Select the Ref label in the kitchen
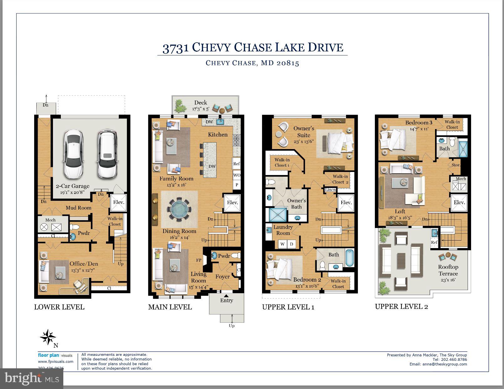[237, 164]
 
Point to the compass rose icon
[48, 337]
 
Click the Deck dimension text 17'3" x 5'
[201, 109]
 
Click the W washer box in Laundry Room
[282, 244]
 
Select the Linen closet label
[330, 190]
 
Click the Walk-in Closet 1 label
[282, 163]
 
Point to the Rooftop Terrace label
[448, 270]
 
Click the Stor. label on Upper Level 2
[455, 165]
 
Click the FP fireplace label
[199, 260]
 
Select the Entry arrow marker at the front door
[226, 295]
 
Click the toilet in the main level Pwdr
[237, 255]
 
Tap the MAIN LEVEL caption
[170, 307]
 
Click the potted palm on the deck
[180, 106]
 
